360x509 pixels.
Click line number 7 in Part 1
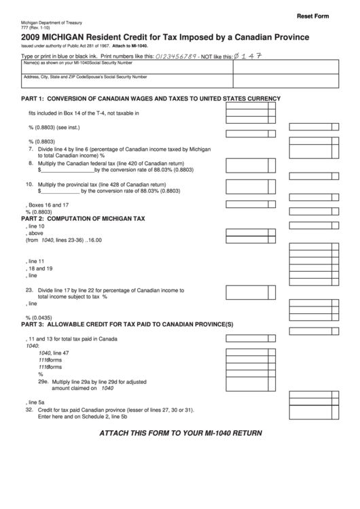coord(30,148)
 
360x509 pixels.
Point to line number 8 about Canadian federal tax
coord(30,164)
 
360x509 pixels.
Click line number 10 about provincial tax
coord(30,184)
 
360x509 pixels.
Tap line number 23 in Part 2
coord(30,289)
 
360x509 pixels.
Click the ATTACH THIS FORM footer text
coord(180,433)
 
